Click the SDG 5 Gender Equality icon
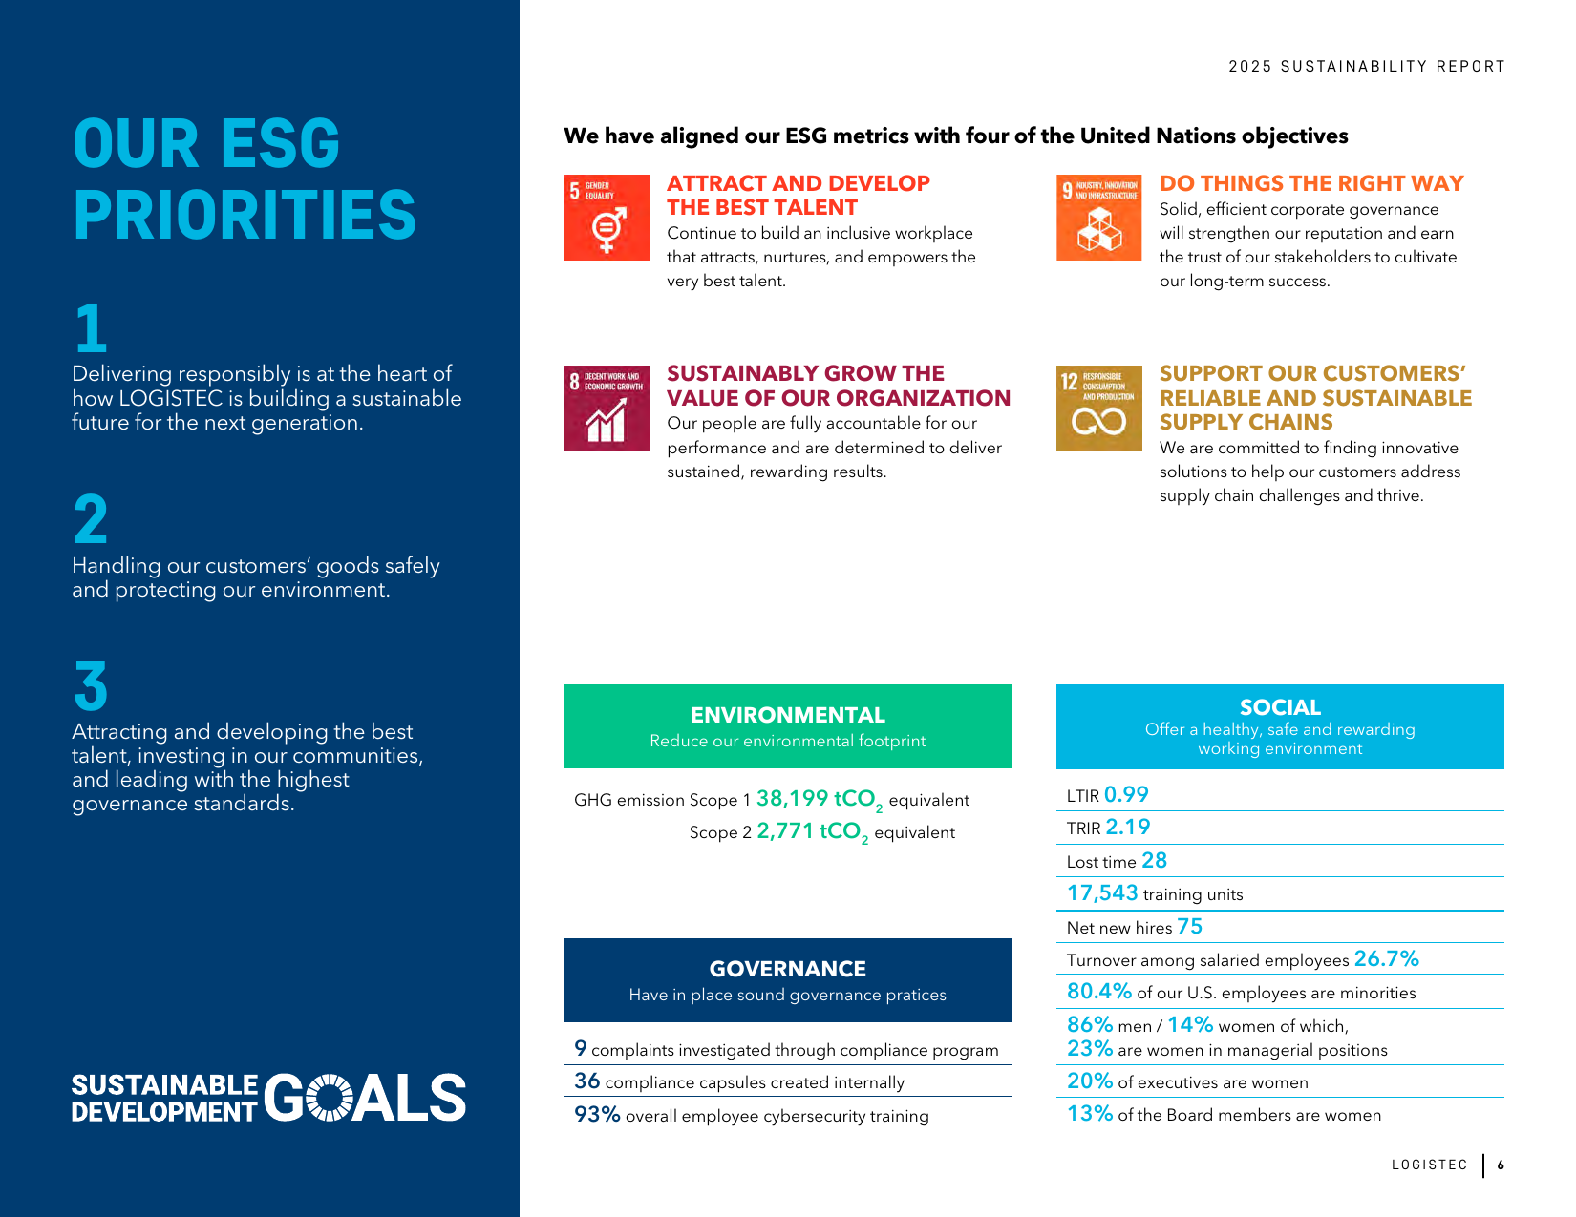coord(607,218)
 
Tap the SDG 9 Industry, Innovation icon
coord(1098,218)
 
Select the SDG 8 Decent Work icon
coord(607,409)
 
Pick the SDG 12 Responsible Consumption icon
coord(1098,409)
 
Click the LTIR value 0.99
coord(1126,794)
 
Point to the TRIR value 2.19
coord(1128,827)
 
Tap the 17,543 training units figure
coord(1102,893)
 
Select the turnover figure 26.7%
coord(1387,958)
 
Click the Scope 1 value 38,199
coord(792,798)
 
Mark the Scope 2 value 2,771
coord(785,830)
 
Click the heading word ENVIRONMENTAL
coord(788,715)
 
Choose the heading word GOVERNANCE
coord(788,969)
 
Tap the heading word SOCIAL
coord(1280,706)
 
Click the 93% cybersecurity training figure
coord(597,1114)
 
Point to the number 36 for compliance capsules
coord(586,1081)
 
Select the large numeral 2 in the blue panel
coord(91,519)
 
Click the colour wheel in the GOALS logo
coord(330,1098)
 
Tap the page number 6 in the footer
coord(1501,1165)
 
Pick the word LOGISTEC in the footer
coord(1429,1165)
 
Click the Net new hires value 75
coord(1189,926)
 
